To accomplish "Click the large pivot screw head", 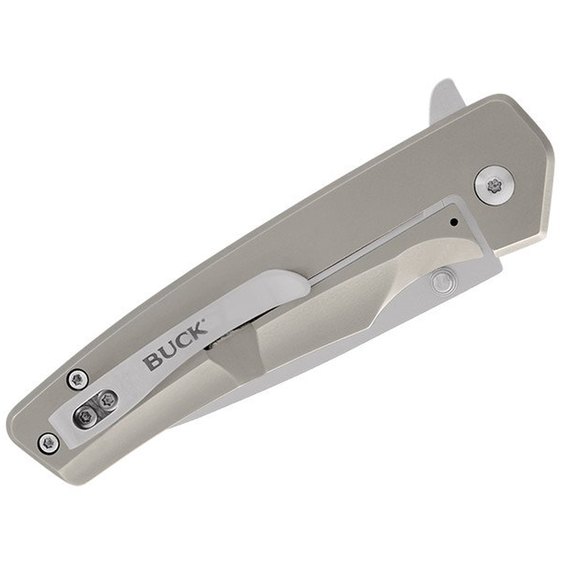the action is coord(494,186).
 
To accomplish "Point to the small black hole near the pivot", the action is coord(453,221).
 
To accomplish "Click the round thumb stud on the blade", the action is coord(443,280).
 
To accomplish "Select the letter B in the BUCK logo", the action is coord(152,361).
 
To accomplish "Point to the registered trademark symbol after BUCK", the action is coord(204,321).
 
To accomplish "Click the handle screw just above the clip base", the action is coord(78,380).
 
